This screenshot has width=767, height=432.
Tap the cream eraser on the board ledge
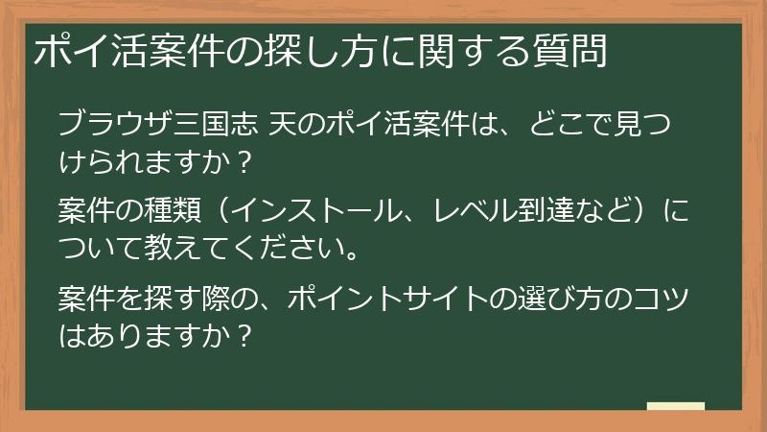(675, 407)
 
